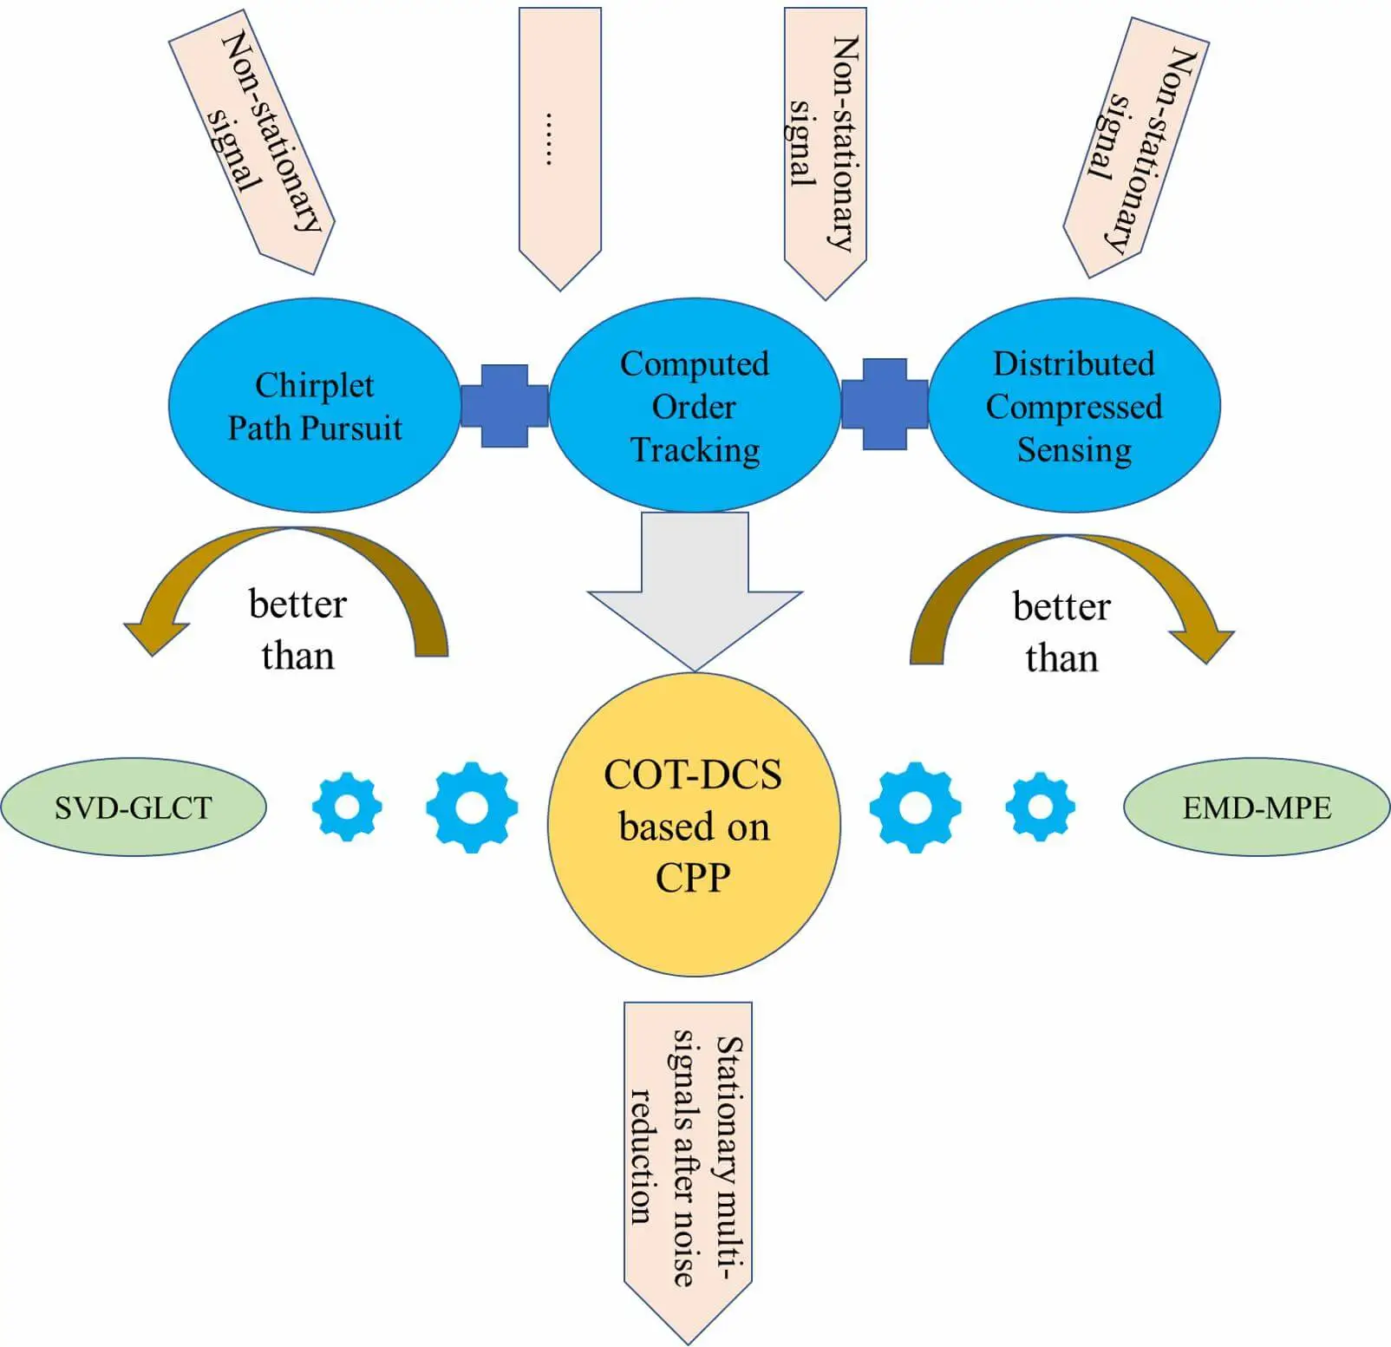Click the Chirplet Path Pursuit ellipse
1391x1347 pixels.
tap(314, 405)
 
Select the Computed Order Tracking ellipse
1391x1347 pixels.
tap(694, 405)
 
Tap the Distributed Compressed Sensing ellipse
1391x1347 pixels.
tap(1074, 405)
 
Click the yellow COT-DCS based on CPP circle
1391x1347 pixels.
tap(694, 824)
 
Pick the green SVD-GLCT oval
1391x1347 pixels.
tap(133, 808)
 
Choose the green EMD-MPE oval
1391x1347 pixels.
tap(1256, 808)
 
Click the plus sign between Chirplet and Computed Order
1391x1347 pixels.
tap(505, 405)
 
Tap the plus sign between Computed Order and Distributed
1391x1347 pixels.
tap(885, 404)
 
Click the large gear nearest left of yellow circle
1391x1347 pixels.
tap(472, 808)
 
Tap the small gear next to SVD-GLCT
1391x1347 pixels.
tap(347, 807)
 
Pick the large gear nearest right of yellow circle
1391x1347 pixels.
tap(916, 808)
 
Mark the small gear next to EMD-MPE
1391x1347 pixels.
tap(1040, 808)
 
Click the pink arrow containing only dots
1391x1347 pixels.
tap(560, 139)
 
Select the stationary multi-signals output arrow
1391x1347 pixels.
tap(688, 1162)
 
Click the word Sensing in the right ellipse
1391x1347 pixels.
tap(1074, 450)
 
